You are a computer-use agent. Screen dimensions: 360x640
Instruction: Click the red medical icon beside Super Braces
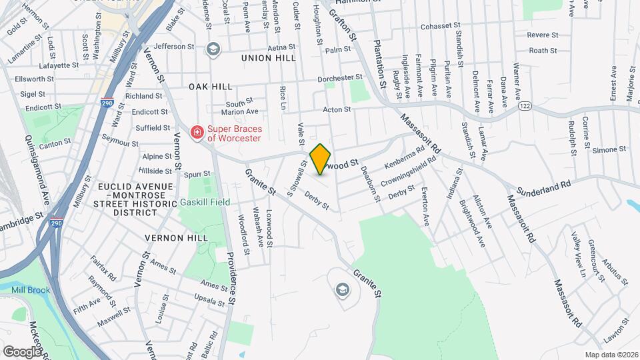197,133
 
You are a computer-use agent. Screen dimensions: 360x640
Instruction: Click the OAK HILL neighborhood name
210,87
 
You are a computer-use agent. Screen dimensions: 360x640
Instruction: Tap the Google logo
22,351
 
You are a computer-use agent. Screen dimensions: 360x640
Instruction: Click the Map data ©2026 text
611,354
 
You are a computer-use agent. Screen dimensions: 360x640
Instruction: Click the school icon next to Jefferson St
213,48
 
